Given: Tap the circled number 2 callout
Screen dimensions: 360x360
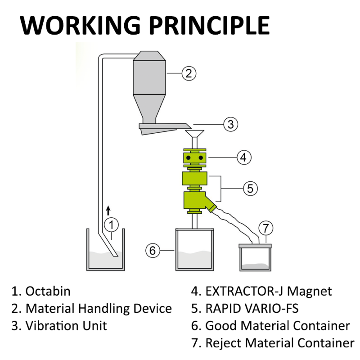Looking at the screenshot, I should click(x=189, y=73).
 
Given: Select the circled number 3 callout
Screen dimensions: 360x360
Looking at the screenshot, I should click(x=230, y=124).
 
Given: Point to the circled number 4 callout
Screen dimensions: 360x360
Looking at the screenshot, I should click(x=243, y=157).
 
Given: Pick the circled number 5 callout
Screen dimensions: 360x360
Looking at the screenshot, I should click(x=250, y=188).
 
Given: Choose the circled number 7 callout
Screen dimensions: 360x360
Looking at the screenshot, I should click(x=265, y=228).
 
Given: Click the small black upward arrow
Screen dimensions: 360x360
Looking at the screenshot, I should click(x=108, y=210).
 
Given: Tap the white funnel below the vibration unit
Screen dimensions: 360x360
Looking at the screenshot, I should click(x=194, y=134).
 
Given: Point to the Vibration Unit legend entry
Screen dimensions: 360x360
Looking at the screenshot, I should click(x=59, y=325).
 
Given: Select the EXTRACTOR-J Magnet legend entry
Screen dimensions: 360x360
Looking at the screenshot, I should click(x=262, y=291).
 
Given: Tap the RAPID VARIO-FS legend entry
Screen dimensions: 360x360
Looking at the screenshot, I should click(x=245, y=308).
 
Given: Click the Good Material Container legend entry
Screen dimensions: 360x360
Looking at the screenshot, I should click(x=271, y=325).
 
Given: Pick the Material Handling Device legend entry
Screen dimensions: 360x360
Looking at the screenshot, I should click(x=92, y=308).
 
